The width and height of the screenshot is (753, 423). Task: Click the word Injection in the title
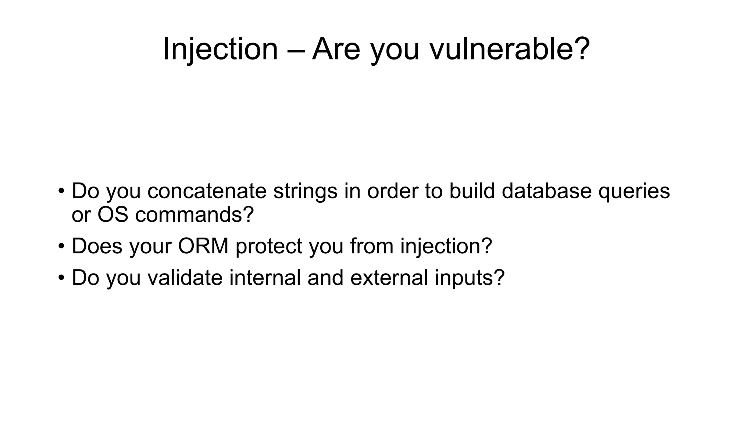pos(220,49)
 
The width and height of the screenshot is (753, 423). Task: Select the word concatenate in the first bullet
pos(207,191)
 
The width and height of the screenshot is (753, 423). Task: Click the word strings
pos(305,191)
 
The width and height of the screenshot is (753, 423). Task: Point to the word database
pos(546,191)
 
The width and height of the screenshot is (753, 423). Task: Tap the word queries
pos(634,191)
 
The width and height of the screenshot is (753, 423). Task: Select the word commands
pos(195,214)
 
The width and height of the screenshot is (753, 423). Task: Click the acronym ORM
pos(203,246)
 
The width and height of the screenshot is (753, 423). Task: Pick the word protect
pos(269,246)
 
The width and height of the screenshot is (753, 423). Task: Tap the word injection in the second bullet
pos(446,246)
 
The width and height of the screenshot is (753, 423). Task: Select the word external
pos(389,278)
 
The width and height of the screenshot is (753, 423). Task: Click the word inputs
pos(470,278)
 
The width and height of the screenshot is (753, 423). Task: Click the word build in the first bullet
pos(472,191)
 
